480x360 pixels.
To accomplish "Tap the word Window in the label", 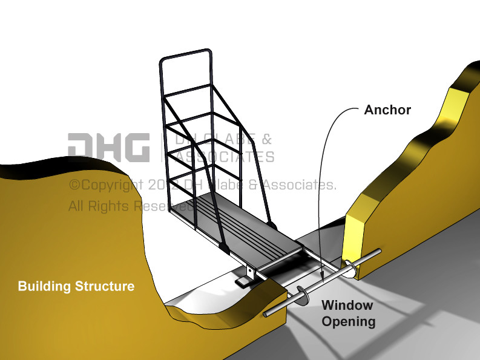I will (x=347, y=305).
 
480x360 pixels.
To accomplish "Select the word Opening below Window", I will (x=348, y=321).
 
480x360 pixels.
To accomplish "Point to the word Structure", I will (x=104, y=286).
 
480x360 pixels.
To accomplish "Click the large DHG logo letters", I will (x=108, y=147).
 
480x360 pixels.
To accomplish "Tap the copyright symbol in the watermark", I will (x=74, y=185).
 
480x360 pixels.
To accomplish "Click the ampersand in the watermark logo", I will (x=267, y=139).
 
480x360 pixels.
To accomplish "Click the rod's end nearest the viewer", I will (x=267, y=315).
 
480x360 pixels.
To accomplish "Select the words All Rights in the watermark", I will (x=99, y=206).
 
